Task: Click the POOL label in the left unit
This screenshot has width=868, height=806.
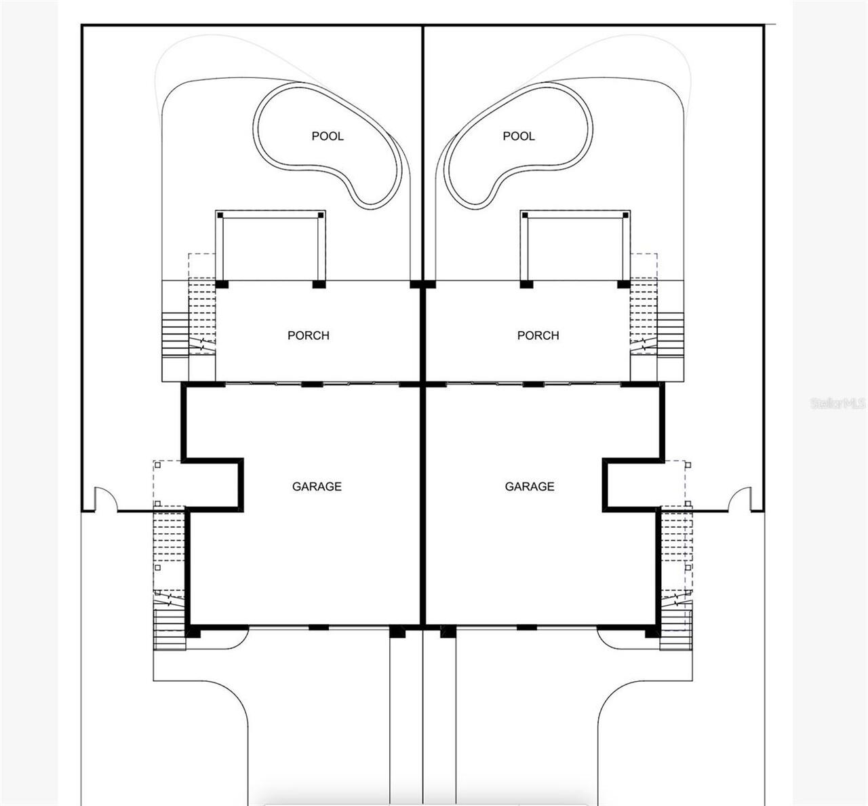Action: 328,136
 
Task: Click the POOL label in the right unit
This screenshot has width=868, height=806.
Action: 519,136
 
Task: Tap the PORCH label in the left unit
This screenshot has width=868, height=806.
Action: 309,335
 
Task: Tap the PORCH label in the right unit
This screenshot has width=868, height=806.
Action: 538,335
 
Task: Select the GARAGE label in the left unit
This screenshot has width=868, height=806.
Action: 317,486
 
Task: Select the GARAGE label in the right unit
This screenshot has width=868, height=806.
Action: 530,486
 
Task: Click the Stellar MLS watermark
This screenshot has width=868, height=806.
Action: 838,403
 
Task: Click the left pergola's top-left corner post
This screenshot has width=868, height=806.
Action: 220,215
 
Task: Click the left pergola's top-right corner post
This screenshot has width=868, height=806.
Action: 321,215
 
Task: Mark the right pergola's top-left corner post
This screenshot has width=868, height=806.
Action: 525,215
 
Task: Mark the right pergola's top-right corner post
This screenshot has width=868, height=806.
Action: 625,215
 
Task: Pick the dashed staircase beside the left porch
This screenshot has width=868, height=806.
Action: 202,315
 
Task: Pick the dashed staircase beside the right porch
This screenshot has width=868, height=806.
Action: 644,315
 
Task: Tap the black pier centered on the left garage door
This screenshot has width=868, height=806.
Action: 319,628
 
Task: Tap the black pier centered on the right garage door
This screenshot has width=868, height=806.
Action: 527,628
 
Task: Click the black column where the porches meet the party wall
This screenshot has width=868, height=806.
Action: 422,284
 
